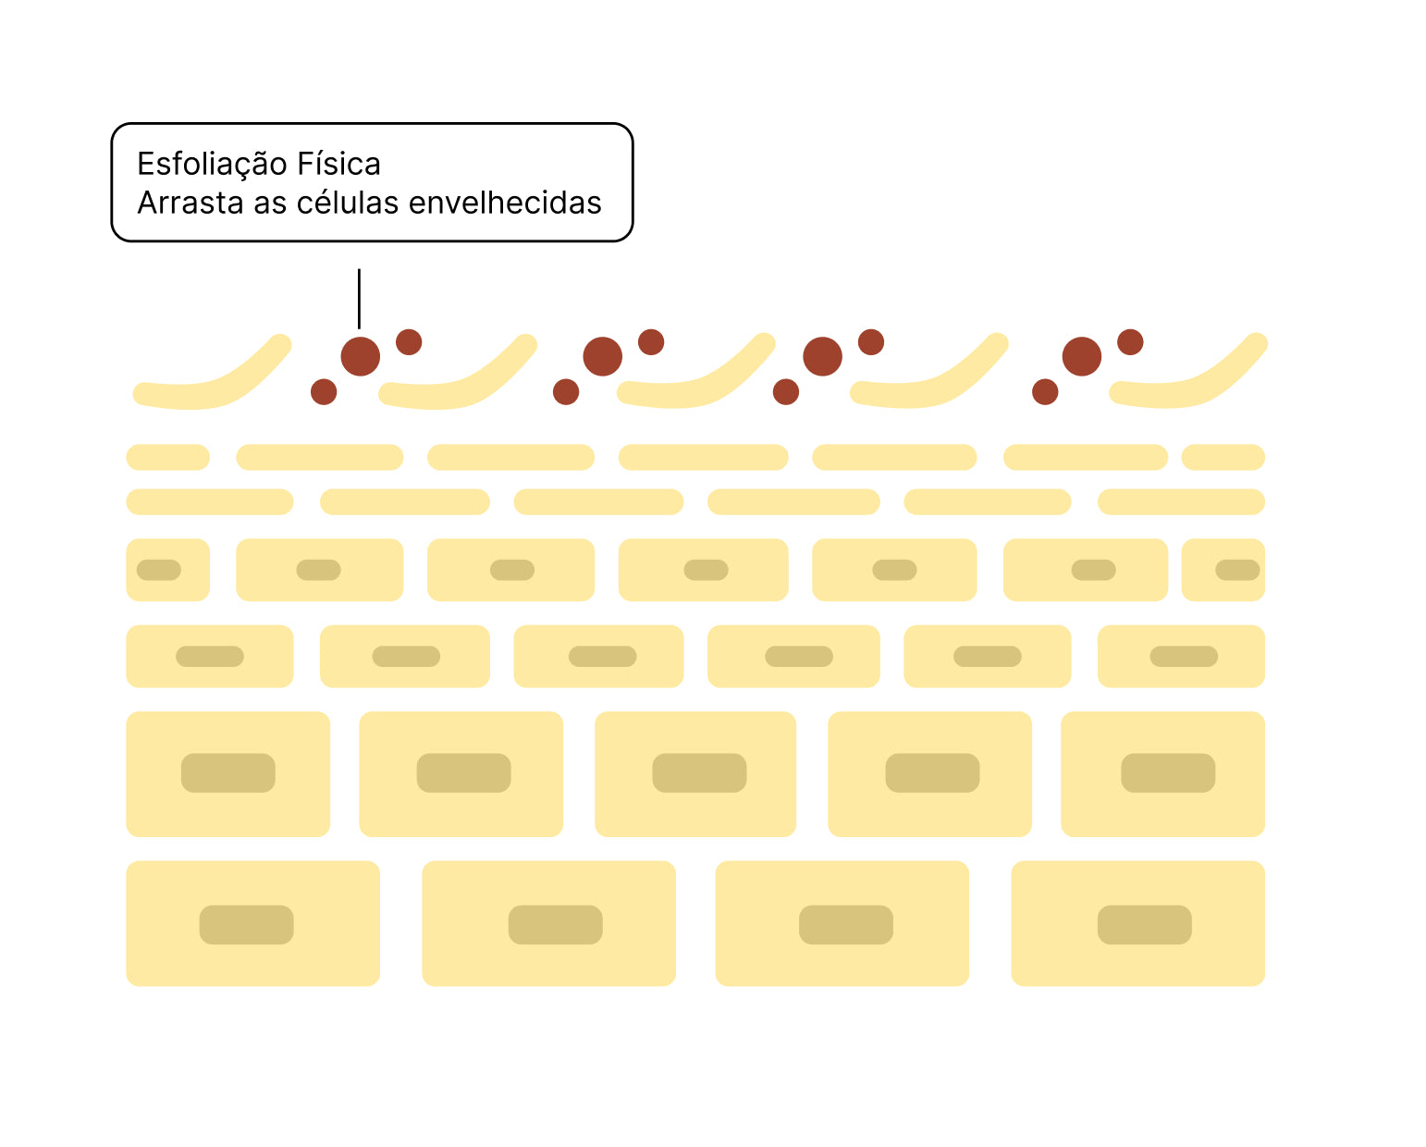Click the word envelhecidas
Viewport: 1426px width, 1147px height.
click(x=505, y=203)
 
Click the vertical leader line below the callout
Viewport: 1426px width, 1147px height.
click(x=359, y=298)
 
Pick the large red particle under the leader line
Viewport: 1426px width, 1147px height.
click(x=360, y=356)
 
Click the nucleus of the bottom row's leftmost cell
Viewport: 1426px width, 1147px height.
click(x=246, y=924)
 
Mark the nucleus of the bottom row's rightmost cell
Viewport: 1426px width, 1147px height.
click(x=1144, y=924)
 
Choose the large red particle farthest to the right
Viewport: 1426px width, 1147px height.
click(x=1081, y=356)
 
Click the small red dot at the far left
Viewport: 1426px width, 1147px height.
click(x=324, y=392)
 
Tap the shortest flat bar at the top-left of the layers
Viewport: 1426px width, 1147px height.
click(x=167, y=457)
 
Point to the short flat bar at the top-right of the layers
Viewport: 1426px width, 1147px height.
click(x=1223, y=457)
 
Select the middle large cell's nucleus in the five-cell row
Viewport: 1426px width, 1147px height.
click(x=699, y=773)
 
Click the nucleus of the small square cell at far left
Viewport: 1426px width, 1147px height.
click(x=158, y=570)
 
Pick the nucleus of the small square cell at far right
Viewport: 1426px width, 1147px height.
click(x=1236, y=570)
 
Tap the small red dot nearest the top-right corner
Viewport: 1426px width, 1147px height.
click(x=1129, y=341)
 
